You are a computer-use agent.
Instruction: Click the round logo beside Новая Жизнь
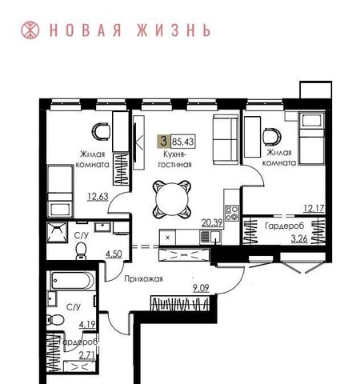coord(30,30)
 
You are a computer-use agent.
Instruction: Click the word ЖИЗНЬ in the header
coord(174,30)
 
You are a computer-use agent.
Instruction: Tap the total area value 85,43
coord(183,142)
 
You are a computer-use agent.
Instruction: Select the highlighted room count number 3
coord(163,141)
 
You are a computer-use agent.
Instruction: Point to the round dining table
coord(172,199)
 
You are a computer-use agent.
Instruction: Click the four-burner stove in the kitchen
coord(231,213)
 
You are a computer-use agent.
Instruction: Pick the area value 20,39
coord(212,222)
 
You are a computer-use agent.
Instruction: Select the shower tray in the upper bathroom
coord(57,232)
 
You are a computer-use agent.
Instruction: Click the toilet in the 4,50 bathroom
coord(81,251)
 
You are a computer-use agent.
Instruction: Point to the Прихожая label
coord(143,279)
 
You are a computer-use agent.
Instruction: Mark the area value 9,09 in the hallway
coord(201,288)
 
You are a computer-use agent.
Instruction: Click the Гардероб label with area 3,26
coord(284,226)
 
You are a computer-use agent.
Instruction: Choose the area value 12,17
coord(314,208)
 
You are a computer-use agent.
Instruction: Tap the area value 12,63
coord(98,197)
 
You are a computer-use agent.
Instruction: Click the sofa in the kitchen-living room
coord(226,140)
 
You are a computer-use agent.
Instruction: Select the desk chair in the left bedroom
coord(101,131)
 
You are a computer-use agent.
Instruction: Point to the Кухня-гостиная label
coord(175,159)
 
